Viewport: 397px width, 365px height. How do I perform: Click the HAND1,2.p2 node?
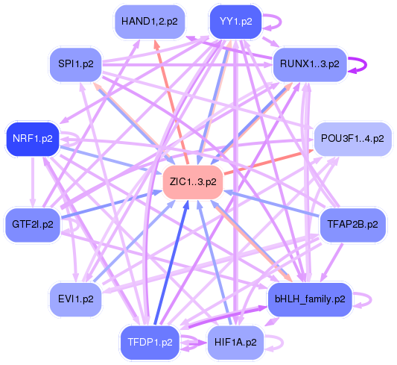point(150,22)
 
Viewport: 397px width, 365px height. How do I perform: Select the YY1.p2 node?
point(235,22)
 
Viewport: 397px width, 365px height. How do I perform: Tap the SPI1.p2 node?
point(76,64)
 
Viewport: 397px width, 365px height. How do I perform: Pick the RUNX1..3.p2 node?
point(310,64)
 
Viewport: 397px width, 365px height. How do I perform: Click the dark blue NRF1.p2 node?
point(33,139)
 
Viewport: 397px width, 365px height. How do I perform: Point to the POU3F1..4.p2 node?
point(353,139)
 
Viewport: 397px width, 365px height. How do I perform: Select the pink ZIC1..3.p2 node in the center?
point(193,182)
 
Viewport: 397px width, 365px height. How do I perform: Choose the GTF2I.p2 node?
point(33,225)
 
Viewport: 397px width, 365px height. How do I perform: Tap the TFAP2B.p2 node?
point(353,225)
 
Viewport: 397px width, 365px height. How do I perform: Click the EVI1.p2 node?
point(76,299)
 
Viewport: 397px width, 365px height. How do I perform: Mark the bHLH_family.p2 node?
point(310,299)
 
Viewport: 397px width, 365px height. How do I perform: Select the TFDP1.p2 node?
point(150,343)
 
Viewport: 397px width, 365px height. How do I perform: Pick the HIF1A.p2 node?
point(235,343)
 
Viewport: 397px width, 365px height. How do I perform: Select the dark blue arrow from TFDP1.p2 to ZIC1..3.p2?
point(171,262)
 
